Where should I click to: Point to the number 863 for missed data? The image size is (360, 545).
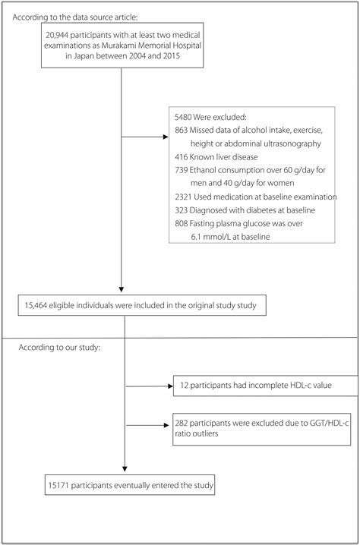click(182, 130)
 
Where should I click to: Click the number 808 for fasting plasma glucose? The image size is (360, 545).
click(182, 225)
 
